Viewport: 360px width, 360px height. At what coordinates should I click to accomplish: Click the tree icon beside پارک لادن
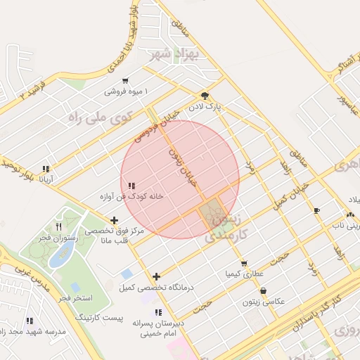(205, 96)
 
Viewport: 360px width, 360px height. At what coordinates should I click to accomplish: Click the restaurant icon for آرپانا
(46, 169)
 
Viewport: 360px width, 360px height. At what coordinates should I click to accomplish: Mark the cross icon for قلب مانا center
(115, 221)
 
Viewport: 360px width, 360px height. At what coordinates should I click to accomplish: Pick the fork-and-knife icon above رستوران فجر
(58, 226)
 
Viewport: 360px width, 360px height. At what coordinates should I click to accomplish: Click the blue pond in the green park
(59, 257)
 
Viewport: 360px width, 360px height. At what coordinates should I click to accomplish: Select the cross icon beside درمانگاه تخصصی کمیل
(156, 276)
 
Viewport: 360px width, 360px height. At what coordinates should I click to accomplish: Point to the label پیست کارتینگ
(100, 318)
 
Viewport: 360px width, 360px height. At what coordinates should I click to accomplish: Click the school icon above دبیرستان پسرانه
(158, 312)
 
